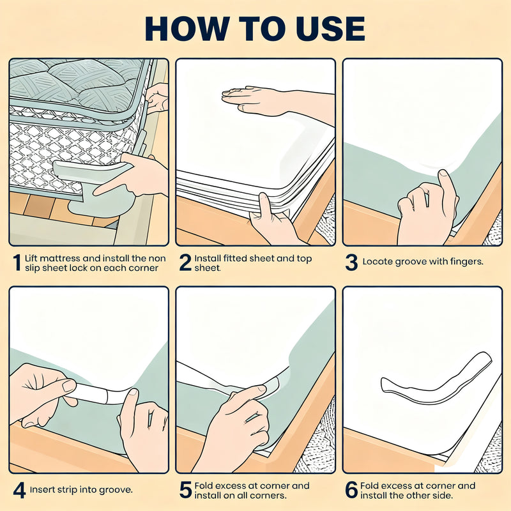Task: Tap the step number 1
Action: [17, 263]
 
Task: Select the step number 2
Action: [185, 263]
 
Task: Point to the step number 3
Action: [352, 263]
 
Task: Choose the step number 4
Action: [19, 491]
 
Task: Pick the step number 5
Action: [185, 490]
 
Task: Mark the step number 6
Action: [352, 490]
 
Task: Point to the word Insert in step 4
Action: [42, 489]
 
